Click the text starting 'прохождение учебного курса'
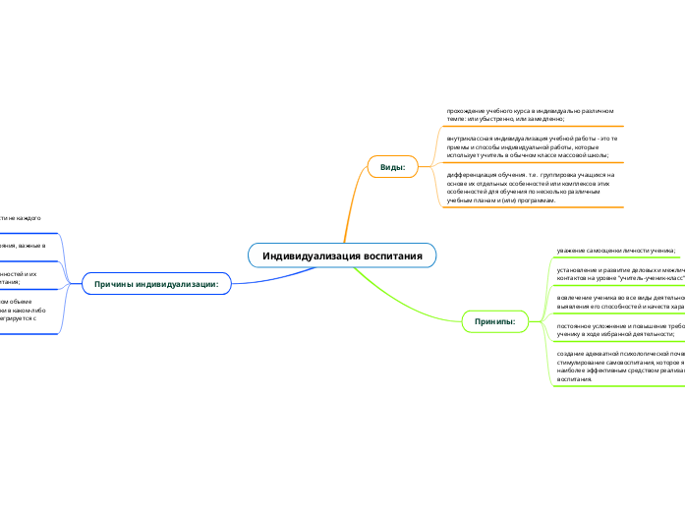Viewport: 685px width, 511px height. click(531, 113)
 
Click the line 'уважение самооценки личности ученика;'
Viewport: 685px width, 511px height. click(615, 252)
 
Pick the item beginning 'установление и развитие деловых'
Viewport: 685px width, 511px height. click(619, 272)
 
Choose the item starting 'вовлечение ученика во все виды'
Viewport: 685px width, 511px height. click(619, 300)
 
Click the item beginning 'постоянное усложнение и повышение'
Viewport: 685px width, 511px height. click(619, 328)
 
